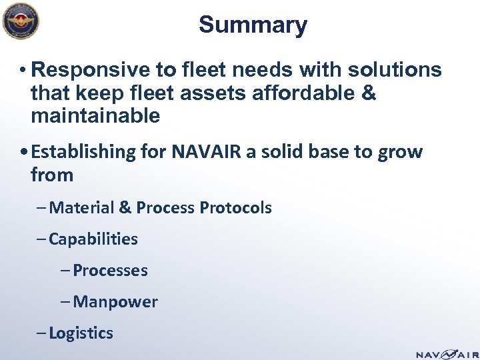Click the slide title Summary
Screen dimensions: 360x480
253,25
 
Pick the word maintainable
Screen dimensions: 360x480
95,117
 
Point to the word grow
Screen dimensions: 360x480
401,152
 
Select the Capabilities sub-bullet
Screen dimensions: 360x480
93,239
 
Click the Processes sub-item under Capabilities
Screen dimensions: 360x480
110,270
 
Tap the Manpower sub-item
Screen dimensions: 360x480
115,302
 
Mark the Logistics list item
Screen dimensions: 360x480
81,333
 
